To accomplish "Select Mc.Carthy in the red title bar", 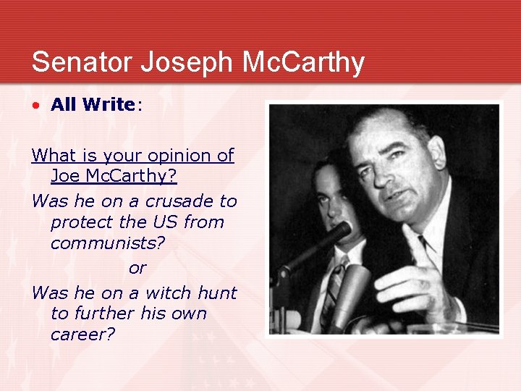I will click(303, 62).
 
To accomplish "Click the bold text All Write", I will click(93, 105).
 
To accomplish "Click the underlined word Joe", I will click(66, 177).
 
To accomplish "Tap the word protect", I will click(80, 222).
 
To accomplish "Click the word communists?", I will click(108, 244).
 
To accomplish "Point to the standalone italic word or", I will click(137, 268).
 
